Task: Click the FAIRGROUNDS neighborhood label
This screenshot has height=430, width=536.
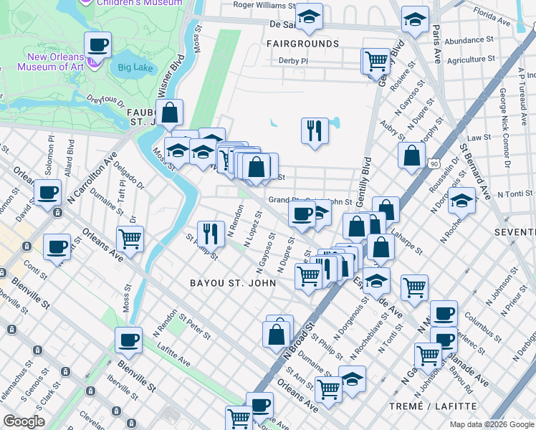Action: click(x=302, y=44)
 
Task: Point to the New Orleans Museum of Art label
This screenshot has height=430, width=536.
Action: click(x=57, y=62)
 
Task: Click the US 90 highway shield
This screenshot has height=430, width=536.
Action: click(x=435, y=164)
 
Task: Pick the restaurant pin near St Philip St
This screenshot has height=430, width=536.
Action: click(x=211, y=233)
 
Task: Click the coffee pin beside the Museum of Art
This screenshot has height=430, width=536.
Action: click(x=98, y=46)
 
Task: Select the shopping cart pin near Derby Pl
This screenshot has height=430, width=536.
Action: click(x=376, y=60)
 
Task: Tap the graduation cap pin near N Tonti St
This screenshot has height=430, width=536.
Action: click(x=462, y=202)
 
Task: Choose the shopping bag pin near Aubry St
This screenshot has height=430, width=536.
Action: click(x=412, y=155)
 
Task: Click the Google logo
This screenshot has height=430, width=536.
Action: click(x=24, y=421)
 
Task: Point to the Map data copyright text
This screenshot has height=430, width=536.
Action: click(x=492, y=424)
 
